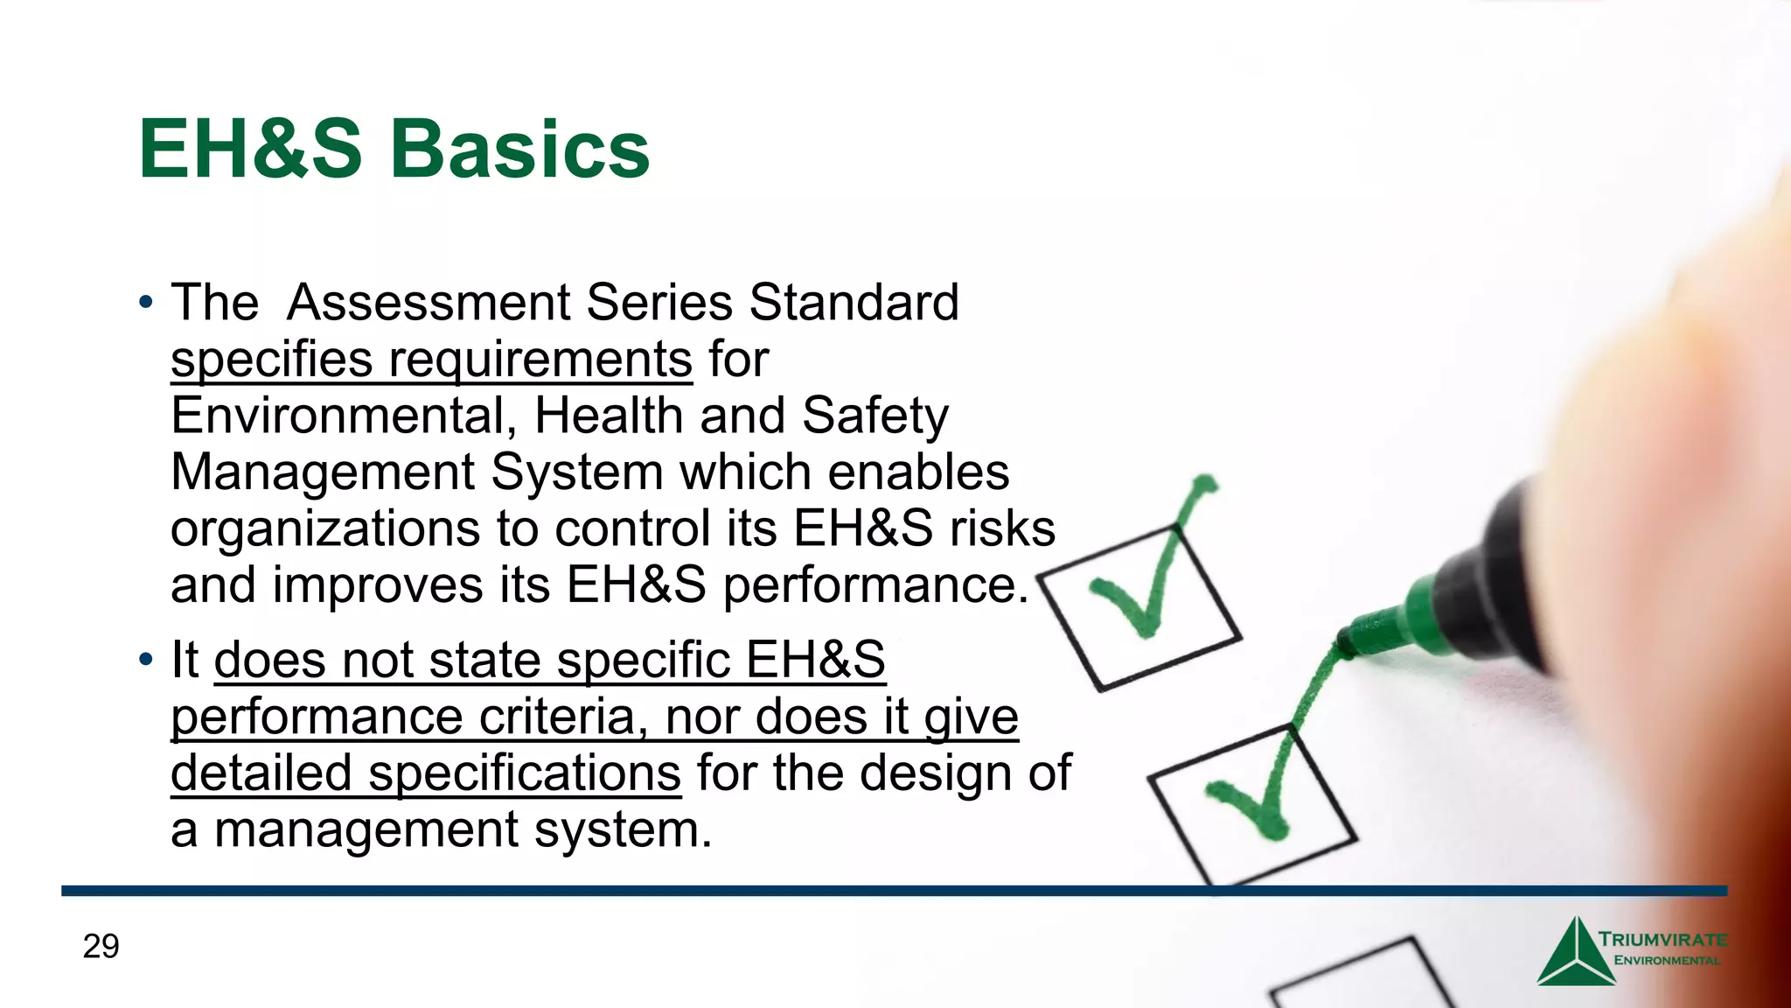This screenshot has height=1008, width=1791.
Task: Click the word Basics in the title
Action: tap(521, 150)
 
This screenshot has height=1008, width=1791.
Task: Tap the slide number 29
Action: tap(101, 947)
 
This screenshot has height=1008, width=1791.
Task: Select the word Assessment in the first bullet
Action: tap(428, 303)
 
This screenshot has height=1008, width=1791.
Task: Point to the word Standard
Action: tap(854, 303)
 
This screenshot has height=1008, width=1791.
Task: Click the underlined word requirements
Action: tap(540, 360)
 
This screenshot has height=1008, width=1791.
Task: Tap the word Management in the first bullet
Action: tap(322, 472)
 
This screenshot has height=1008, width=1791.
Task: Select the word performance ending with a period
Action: tap(875, 586)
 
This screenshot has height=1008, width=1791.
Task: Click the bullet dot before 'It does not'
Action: tap(146, 660)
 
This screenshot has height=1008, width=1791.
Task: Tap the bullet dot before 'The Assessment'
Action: tap(146, 304)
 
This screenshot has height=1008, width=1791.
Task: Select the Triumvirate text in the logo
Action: tap(1662, 941)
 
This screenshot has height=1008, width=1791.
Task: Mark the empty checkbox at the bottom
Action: tap(1364, 980)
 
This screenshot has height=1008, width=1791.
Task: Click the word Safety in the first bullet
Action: tap(875, 416)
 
